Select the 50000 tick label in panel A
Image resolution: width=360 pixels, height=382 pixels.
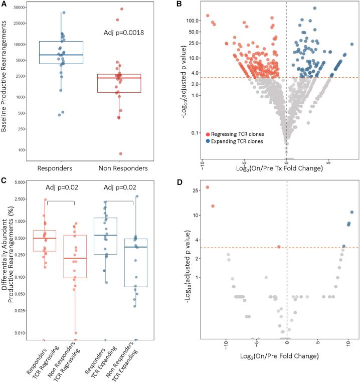point(20,8)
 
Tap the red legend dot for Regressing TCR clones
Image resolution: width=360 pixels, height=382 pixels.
point(208,134)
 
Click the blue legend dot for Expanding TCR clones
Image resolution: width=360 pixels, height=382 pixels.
point(208,141)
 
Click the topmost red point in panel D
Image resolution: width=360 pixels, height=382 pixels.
point(208,187)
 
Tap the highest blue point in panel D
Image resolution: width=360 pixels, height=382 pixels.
point(351,212)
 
